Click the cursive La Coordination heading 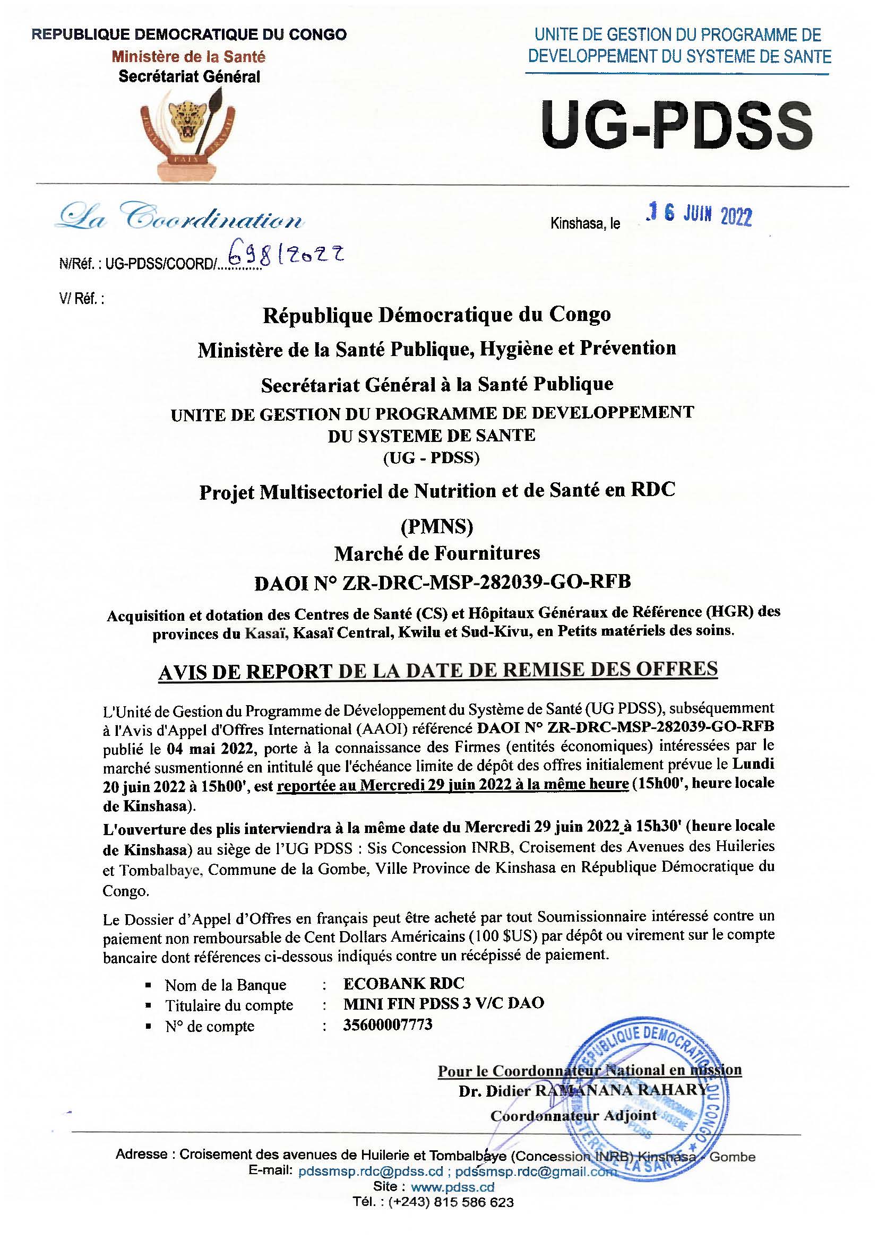[181, 218]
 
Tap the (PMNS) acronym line [437, 525]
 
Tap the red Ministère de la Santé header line [188, 56]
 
